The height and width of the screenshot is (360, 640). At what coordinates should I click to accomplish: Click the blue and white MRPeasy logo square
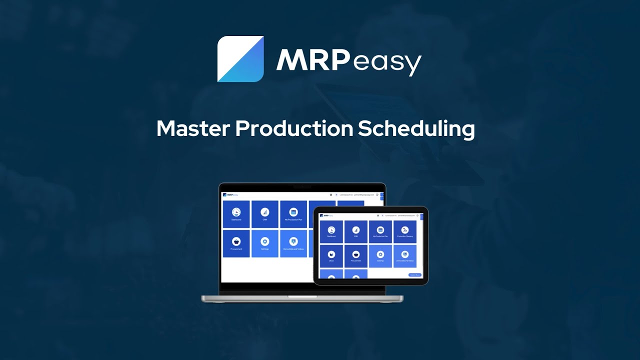pos(240,58)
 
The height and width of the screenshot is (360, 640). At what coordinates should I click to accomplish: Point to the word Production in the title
pos(293,129)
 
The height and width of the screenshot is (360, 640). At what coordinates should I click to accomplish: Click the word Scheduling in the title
pos(416,129)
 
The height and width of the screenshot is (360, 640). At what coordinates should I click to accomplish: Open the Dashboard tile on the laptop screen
pos(236,214)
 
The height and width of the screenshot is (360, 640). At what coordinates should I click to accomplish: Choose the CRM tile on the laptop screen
pos(265,214)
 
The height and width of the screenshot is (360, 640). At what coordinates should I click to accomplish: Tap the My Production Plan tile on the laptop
pos(293,214)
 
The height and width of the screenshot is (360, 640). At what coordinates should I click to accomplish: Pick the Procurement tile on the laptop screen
pos(236,243)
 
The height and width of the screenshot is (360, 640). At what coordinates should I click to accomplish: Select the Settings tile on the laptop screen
pos(265,243)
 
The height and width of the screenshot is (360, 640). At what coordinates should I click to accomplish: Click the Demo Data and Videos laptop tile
pos(293,243)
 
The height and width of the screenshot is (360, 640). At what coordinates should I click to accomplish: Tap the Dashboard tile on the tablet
pos(331,231)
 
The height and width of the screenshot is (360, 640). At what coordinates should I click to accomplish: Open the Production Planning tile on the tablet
pos(405,231)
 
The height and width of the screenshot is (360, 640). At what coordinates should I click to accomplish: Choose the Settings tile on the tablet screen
pos(380,256)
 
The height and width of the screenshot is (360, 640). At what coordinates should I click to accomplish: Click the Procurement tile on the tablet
pos(355,256)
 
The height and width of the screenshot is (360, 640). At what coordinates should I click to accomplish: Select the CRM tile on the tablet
pos(355,231)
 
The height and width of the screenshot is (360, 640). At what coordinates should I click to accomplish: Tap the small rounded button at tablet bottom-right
pos(415,274)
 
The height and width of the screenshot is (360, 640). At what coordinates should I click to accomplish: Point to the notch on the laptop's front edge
pos(302,297)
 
